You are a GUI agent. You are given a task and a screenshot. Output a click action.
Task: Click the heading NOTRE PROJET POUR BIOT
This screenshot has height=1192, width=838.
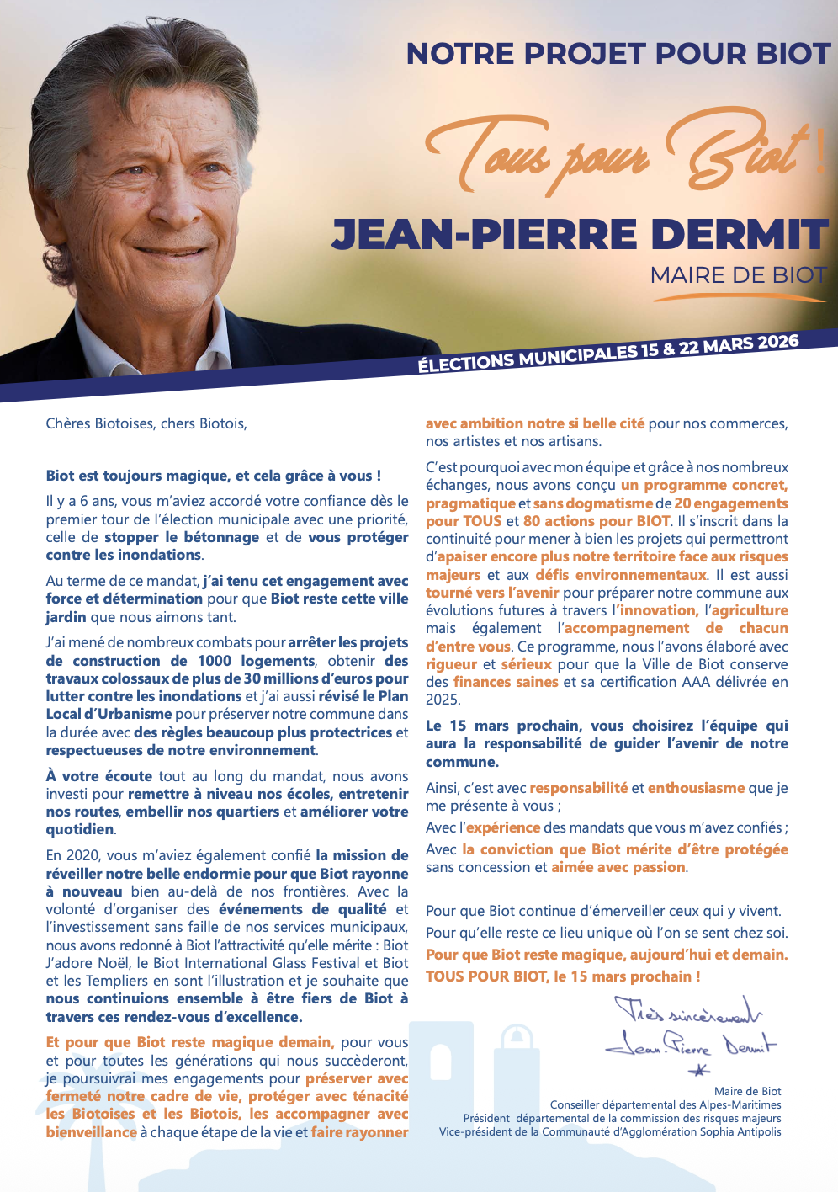coord(618,54)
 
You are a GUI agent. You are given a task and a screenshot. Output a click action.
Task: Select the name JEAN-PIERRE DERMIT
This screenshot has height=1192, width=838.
coord(581,234)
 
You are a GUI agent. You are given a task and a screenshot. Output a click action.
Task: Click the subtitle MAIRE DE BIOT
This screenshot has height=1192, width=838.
coord(739,275)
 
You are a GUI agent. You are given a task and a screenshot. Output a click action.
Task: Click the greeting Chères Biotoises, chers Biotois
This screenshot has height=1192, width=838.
coord(146,423)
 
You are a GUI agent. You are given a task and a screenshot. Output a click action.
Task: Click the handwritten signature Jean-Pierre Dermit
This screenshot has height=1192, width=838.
coord(690,1045)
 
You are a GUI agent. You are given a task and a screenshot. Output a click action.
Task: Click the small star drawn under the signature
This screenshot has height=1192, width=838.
coord(699,1071)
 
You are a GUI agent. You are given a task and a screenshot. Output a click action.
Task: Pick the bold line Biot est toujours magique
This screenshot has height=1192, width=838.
coord(214,476)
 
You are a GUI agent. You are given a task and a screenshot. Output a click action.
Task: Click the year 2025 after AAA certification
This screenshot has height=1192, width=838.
coord(443,700)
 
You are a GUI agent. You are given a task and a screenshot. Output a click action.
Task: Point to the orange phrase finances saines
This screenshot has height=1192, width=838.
coord(506,682)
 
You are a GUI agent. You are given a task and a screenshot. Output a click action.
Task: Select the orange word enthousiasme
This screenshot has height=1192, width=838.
coord(696,788)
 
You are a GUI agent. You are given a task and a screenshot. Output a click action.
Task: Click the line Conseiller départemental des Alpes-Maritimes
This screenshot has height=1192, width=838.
coord(666,1104)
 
